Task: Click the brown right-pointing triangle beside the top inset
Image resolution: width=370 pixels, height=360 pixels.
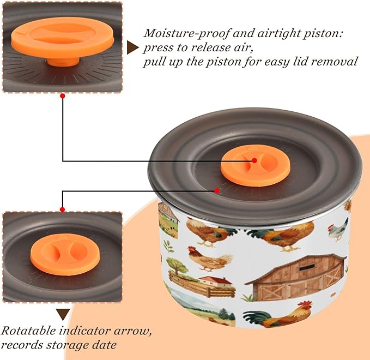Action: coord(132,47)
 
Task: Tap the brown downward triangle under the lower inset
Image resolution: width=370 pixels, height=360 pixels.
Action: coord(63,314)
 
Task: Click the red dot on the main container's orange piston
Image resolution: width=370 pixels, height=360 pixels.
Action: coord(254,160)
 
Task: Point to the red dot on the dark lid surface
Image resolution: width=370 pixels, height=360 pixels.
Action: coord(217,190)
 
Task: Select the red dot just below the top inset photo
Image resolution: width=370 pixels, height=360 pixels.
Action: coord(63,96)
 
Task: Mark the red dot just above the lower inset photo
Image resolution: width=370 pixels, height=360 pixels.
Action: coord(62,209)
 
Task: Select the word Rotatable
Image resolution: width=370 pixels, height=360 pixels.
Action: coord(28,331)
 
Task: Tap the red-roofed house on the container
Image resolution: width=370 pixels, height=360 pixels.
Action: coord(216,281)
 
